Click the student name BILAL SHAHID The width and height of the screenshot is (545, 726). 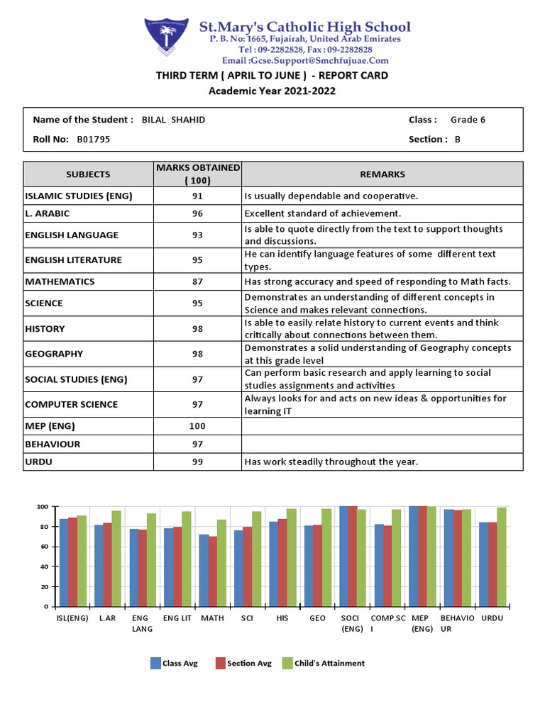[173, 120]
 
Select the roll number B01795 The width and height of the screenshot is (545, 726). [93, 140]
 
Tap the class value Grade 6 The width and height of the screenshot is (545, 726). [468, 120]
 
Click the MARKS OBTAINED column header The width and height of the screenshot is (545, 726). [197, 174]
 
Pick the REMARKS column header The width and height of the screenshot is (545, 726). [382, 174]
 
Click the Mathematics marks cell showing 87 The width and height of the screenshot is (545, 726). [197, 282]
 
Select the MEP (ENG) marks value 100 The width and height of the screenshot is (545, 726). [197, 426]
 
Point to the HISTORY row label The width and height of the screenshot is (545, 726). [45, 329]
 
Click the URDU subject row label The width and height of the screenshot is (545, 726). [38, 462]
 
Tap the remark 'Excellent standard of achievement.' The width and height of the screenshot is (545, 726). [323, 213]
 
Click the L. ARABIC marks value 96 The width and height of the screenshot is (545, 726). [197, 213]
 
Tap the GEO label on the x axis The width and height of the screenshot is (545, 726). [317, 618]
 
